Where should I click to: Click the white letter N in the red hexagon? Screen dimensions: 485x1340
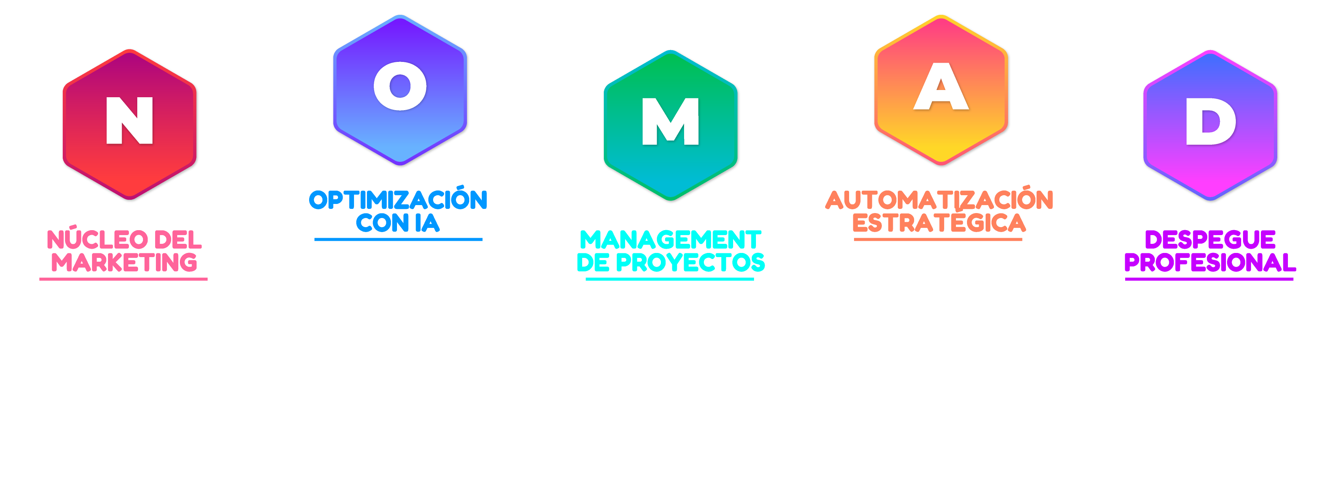click(130, 121)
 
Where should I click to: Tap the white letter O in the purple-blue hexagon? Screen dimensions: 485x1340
click(400, 86)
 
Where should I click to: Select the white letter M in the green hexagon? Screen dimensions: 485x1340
click(670, 122)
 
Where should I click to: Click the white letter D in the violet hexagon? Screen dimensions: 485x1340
click(1210, 122)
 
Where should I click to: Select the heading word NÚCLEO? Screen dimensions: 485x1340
click(87, 240)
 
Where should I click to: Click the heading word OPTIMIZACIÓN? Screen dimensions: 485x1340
click(398, 200)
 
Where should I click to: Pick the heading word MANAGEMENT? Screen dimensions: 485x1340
click(670, 240)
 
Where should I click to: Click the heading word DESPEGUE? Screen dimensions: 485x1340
click(1210, 240)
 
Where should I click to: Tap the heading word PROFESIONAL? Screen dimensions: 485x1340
click(1210, 263)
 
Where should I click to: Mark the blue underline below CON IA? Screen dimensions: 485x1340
click(398, 240)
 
